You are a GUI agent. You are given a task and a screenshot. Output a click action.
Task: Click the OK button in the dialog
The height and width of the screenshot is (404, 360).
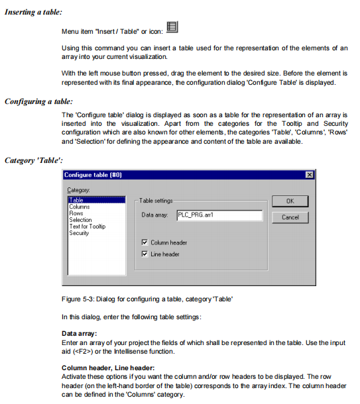coord(290,201)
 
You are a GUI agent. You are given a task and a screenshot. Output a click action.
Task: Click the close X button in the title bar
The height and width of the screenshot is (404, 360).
coord(310,175)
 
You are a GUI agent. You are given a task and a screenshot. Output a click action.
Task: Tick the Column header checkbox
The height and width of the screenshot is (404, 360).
coord(145,242)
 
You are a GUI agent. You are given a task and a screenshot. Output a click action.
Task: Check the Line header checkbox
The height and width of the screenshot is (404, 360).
coord(145,254)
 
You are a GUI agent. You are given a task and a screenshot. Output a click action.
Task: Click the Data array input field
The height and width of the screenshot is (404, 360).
coord(219,215)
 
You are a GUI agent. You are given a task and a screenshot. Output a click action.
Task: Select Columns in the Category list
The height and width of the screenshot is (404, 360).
coord(80,207)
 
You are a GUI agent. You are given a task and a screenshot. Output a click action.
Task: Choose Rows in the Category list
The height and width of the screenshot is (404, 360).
coord(76,213)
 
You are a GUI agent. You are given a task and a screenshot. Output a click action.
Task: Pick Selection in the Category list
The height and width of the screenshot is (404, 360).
coord(80,220)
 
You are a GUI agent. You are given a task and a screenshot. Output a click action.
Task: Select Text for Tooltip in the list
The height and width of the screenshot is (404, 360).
coord(88,227)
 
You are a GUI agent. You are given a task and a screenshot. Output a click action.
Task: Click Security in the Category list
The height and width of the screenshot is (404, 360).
coord(79,233)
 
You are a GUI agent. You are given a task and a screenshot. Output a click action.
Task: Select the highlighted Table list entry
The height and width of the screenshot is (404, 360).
coord(97,200)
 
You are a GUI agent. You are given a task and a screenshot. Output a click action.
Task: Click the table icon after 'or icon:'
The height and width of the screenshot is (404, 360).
coord(172,27)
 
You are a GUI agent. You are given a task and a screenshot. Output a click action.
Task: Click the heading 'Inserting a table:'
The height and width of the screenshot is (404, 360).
coord(34,12)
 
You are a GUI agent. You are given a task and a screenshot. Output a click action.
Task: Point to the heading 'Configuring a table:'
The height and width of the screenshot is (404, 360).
coord(38,101)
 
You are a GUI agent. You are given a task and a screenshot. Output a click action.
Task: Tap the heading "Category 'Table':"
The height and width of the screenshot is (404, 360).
coord(34,160)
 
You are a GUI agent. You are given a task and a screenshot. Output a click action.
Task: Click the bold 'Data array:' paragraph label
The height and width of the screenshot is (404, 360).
coord(79,334)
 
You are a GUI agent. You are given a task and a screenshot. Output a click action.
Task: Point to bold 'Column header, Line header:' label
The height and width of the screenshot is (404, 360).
coord(108,368)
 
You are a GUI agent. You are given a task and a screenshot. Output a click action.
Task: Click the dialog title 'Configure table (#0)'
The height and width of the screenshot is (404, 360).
coord(93,175)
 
